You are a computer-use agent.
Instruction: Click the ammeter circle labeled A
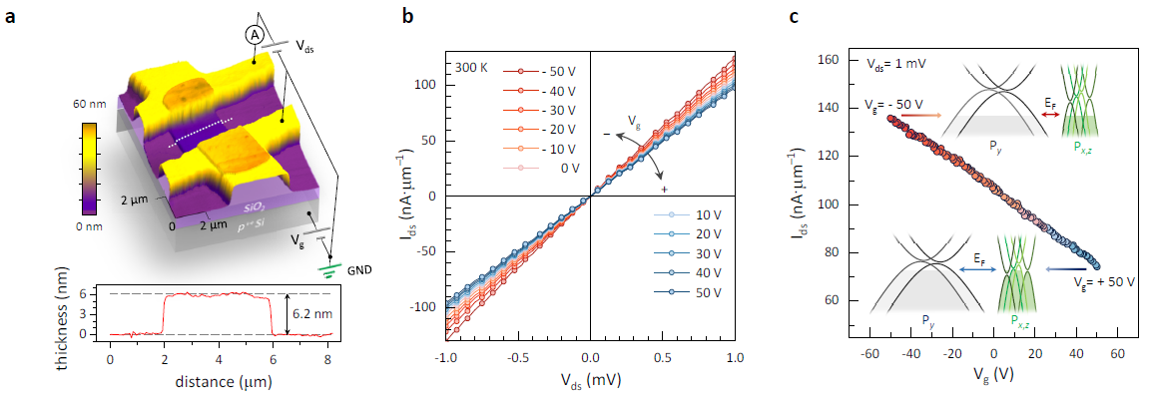coord(256,34)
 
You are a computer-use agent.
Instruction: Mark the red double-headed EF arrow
coord(1049,115)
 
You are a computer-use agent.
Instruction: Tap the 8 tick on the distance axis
coord(329,358)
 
